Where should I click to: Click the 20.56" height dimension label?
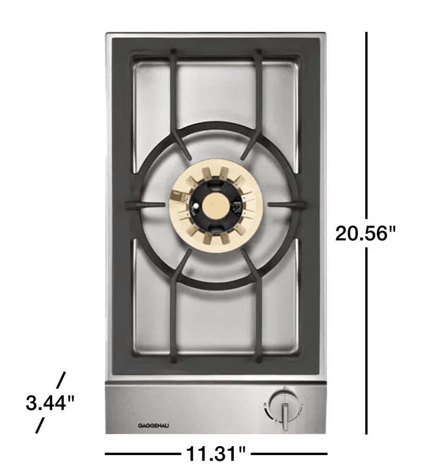[x=362, y=233]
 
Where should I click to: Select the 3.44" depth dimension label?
[x=50, y=403]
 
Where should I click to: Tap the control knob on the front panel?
[x=284, y=409]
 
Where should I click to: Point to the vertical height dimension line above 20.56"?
[x=367, y=125]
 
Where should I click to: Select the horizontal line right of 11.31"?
[x=290, y=453]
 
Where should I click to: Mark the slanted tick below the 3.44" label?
[x=40, y=425]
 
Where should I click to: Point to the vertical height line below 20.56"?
[x=366, y=339]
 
